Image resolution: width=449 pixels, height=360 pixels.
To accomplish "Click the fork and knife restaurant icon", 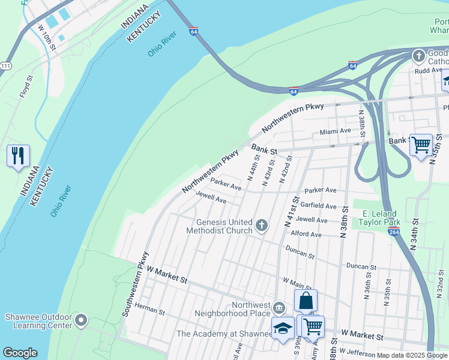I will [19, 156].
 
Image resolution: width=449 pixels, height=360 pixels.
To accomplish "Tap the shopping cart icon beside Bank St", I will [421, 145].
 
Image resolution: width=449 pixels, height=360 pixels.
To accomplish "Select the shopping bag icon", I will [306, 301].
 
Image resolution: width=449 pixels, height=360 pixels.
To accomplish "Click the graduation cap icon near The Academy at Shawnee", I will [283, 328].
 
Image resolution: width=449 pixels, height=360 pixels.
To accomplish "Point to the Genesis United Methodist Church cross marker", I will [261, 226].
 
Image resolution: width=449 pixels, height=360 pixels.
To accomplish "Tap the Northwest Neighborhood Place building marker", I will [279, 308].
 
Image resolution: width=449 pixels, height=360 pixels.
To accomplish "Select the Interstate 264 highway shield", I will [394, 232].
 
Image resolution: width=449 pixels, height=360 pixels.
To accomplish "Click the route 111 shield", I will [5, 65].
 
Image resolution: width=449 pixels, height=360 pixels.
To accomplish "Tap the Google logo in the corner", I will [20, 353].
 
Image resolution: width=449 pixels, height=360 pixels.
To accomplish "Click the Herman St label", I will [149, 311].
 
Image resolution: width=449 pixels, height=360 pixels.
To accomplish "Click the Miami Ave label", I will [335, 131].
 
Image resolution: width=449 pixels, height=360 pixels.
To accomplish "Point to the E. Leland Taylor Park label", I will [379, 217].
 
